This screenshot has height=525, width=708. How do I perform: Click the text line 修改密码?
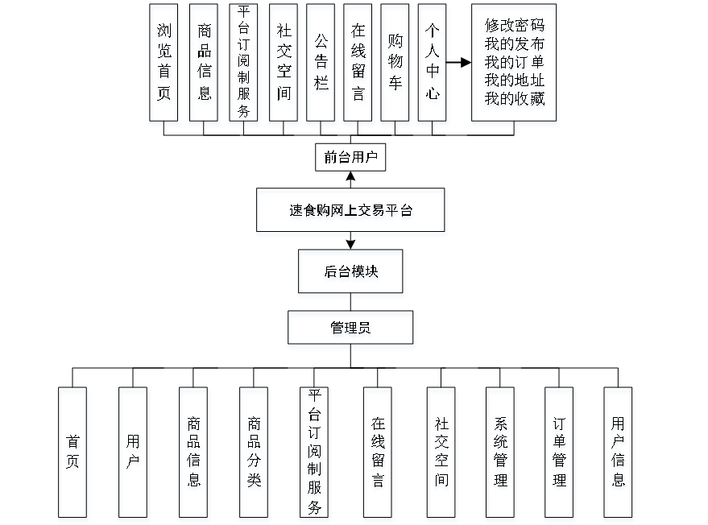point(515,27)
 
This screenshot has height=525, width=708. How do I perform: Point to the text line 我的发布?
point(515,45)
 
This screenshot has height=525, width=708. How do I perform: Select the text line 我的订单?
point(515,64)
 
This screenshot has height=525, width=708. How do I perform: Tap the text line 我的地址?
point(515,82)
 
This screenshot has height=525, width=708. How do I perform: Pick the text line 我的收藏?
point(515,101)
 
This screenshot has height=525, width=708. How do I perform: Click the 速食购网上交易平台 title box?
point(351,213)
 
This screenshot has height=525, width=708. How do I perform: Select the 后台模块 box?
point(351,274)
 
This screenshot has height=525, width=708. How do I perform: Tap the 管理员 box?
point(351,330)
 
